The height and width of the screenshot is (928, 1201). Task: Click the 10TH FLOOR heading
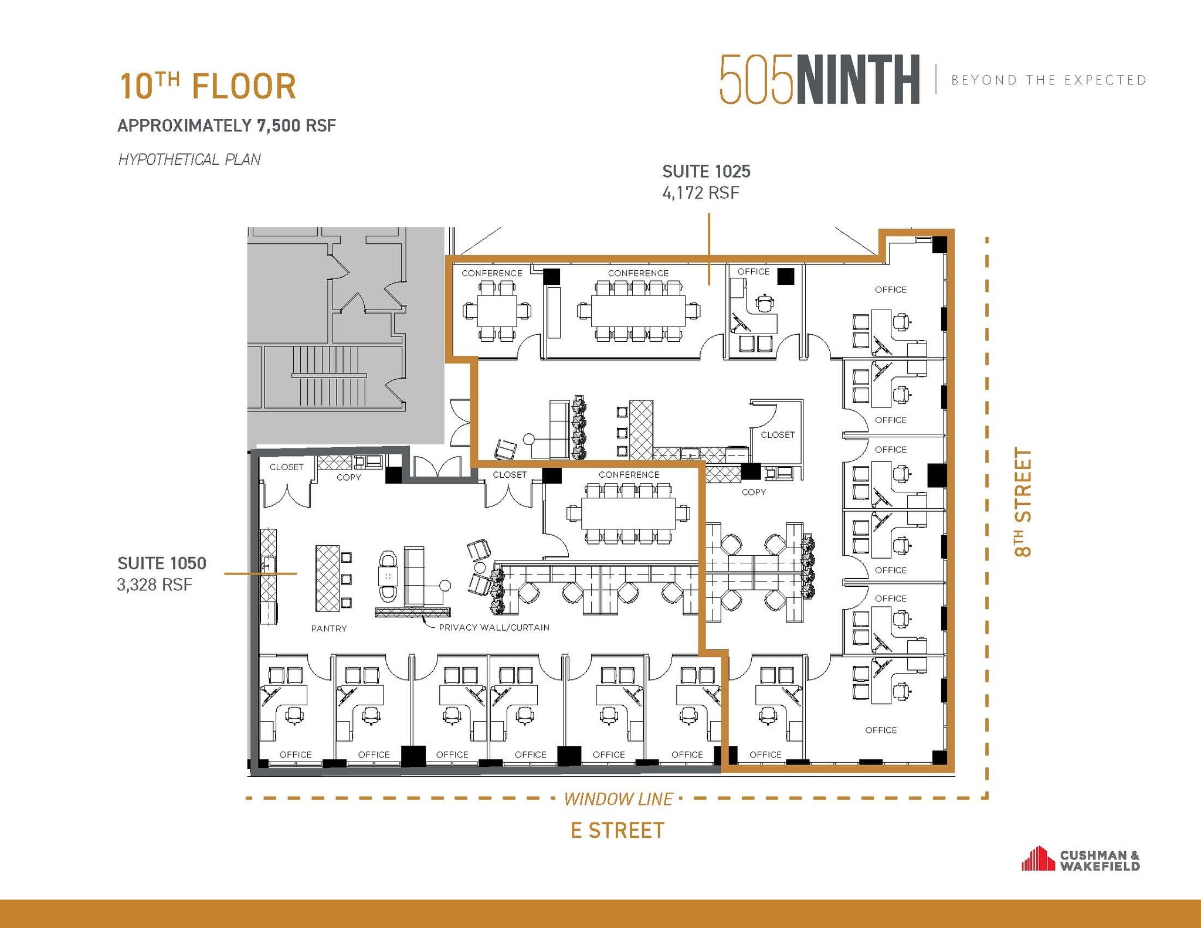click(x=208, y=87)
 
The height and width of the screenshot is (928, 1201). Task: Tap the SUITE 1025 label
click(x=706, y=172)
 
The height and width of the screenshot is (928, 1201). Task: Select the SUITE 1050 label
click(x=162, y=563)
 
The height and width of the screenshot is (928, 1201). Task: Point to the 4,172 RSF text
click(x=701, y=193)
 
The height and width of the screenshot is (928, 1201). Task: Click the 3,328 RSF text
click(x=155, y=585)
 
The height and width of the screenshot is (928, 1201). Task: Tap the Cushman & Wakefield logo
click(x=1080, y=859)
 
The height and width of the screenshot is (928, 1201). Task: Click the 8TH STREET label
click(x=1023, y=502)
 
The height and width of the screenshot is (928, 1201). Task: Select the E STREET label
click(x=618, y=831)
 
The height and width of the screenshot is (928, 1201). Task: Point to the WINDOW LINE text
click(x=618, y=799)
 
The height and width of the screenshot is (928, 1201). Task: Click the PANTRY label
click(x=329, y=628)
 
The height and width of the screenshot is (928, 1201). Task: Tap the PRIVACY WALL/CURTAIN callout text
click(x=494, y=627)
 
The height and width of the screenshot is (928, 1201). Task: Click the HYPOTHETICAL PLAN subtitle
click(x=189, y=159)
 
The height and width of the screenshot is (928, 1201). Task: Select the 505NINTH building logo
click(x=819, y=80)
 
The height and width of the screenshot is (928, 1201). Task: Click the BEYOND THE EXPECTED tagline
click(x=1049, y=80)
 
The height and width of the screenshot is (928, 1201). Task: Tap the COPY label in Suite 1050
click(x=348, y=477)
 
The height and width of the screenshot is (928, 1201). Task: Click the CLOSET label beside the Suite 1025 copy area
click(x=778, y=435)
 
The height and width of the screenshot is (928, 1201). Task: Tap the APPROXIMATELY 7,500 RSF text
click(x=227, y=125)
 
